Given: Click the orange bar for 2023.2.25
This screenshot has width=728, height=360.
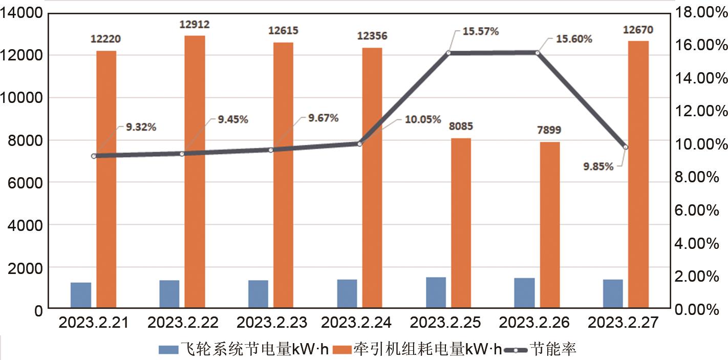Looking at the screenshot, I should tap(461, 223).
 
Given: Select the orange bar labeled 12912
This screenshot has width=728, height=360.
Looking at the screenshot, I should tap(195, 172).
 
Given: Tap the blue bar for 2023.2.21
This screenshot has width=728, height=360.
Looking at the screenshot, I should tap(81, 295).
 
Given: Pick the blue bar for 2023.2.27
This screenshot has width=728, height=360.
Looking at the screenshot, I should tap(613, 294).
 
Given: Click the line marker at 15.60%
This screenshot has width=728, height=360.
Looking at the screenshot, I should tap(537, 52).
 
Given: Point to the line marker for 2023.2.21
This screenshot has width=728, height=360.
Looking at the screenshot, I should tap(94, 156).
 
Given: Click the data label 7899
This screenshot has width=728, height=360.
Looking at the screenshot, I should tap(549, 131).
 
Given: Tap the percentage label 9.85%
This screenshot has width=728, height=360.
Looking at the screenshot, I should tap(598, 166).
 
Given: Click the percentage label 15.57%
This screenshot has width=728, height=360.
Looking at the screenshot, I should tap(481, 31).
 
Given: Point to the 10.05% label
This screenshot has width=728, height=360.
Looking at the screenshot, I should tap(422, 120).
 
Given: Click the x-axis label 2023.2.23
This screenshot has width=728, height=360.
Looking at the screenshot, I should tap(272, 323).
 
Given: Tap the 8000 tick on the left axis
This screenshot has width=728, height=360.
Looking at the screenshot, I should tap(21, 140).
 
